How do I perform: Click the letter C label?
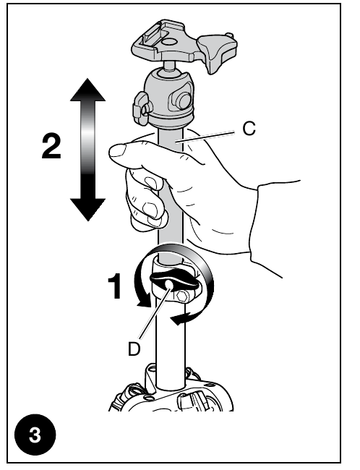coord(247,131)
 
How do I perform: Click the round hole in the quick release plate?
coord(166,43)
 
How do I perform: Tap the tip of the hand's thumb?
coord(113,151)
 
